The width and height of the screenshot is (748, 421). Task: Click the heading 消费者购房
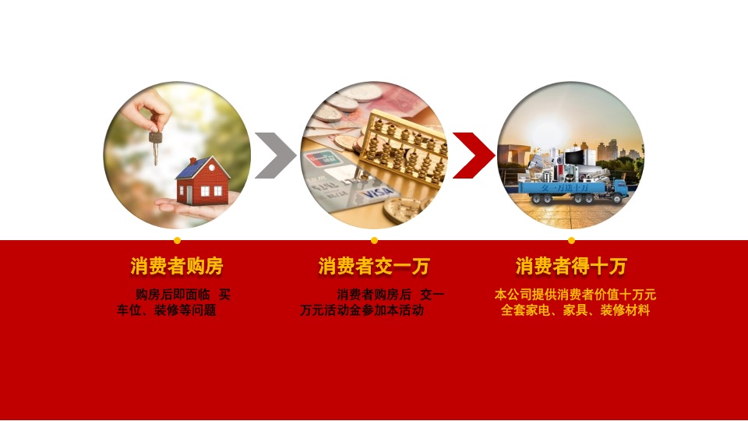point(177,267)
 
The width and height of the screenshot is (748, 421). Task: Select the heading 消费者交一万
point(374,267)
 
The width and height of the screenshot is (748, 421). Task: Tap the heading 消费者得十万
point(571,267)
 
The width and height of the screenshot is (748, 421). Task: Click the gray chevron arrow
point(274,155)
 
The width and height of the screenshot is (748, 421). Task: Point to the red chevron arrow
point(472,155)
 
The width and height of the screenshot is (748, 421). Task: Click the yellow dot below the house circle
point(177,240)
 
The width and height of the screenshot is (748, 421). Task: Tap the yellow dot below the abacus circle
point(374,240)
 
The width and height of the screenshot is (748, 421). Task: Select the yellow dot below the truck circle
point(571,240)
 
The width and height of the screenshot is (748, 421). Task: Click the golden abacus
point(405,148)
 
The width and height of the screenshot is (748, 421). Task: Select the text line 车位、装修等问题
point(167,310)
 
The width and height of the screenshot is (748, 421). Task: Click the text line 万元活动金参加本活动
point(362,310)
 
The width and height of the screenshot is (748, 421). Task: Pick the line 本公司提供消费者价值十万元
point(575,295)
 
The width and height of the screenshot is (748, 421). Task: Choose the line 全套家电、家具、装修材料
point(575,310)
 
